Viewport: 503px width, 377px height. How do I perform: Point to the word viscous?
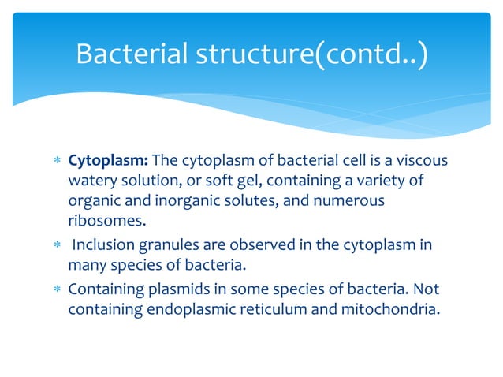tap(423, 161)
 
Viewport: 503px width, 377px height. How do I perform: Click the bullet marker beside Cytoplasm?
tap(56, 162)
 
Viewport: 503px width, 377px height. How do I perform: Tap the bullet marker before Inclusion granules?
tap(56, 245)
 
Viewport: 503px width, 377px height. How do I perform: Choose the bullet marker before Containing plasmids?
tap(56, 289)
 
